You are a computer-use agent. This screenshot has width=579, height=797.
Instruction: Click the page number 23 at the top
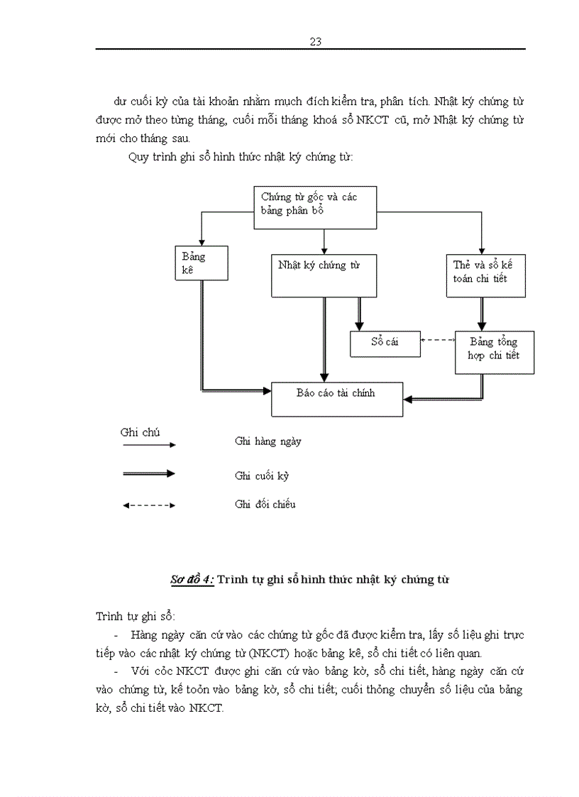(316, 41)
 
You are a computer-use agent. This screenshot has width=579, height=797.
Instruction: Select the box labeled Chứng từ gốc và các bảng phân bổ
(315, 207)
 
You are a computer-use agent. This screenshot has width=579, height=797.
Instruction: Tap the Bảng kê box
(201, 263)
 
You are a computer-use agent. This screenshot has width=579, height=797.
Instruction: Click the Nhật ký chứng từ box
(324, 275)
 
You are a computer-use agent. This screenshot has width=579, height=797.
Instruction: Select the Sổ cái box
(385, 343)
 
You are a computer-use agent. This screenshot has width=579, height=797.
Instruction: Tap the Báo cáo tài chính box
(337, 399)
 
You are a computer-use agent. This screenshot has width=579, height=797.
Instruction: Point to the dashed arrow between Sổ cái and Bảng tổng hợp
(437, 340)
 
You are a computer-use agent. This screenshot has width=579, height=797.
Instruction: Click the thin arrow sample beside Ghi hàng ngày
(149, 445)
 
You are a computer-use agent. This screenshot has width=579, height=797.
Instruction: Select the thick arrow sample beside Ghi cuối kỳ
(149, 473)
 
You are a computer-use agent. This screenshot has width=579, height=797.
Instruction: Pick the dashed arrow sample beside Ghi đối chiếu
(149, 505)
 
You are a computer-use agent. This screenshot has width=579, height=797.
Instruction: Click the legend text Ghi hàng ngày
(268, 441)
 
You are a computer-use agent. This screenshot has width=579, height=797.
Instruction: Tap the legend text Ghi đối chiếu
(265, 505)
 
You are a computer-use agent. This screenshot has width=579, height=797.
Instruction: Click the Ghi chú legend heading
(140, 432)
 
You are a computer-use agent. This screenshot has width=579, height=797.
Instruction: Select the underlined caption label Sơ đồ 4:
(192, 580)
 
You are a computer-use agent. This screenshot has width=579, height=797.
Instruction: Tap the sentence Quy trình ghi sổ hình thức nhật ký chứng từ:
(241, 157)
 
